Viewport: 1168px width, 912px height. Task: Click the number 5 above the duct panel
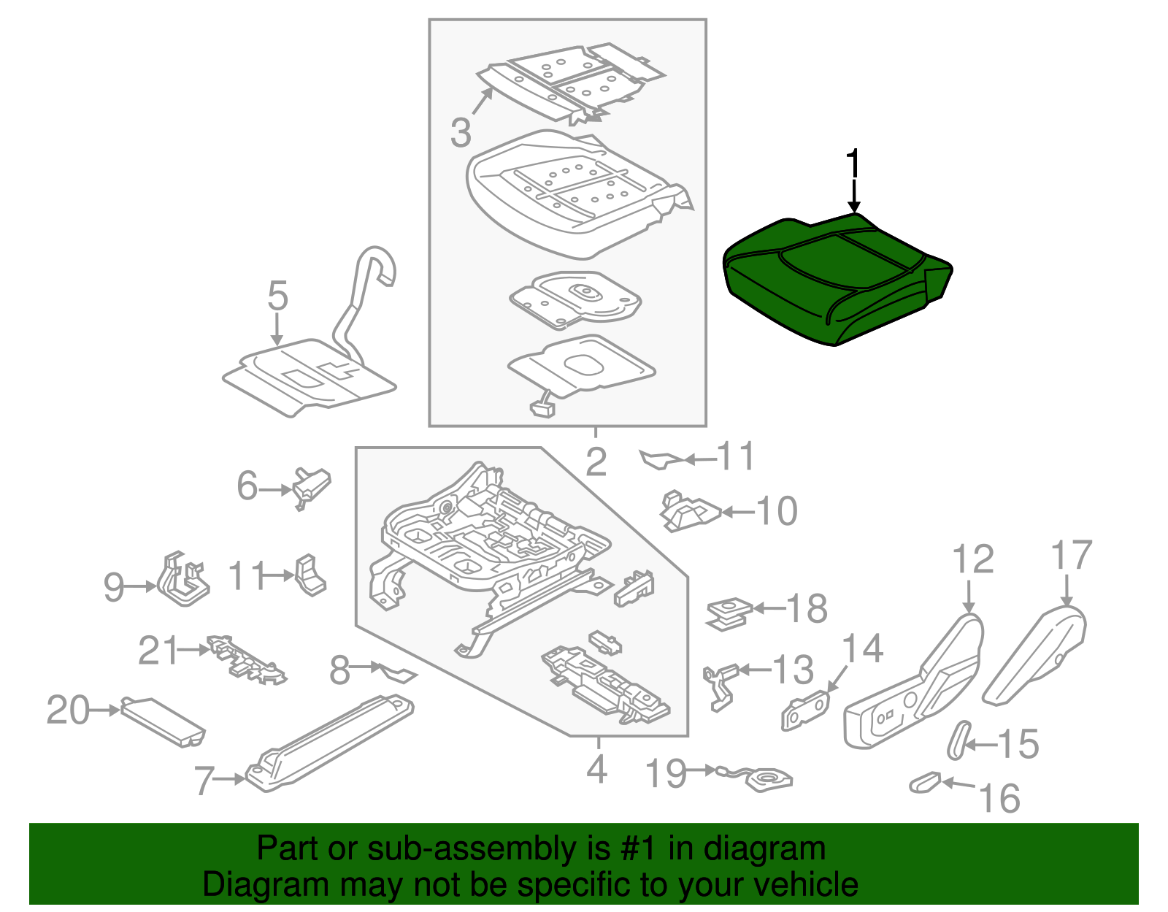point(277,296)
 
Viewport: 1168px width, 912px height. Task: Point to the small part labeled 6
point(312,486)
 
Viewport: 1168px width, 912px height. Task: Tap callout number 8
point(339,670)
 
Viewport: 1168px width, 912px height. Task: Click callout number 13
point(793,670)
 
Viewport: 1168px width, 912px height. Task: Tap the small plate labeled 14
point(805,709)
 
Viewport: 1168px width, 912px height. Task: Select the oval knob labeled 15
point(958,740)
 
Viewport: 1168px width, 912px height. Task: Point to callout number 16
point(999,798)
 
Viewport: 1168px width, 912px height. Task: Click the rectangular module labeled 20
point(162,721)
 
